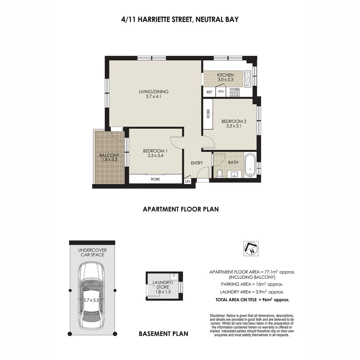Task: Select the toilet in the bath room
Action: tap(219, 173)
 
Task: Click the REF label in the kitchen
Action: tap(209, 92)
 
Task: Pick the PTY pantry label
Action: tap(221, 92)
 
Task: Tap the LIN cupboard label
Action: tap(187, 181)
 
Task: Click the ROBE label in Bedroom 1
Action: tap(155, 179)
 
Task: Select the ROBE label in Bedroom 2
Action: tap(208, 114)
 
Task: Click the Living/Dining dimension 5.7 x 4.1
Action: tap(154, 97)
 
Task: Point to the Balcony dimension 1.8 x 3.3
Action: tap(109, 160)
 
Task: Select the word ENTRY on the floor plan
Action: tap(197, 163)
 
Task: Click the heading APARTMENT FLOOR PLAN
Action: tap(181, 209)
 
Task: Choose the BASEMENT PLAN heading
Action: tap(163, 333)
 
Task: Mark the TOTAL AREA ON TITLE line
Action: tap(252, 300)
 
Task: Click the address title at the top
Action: tap(180, 19)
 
